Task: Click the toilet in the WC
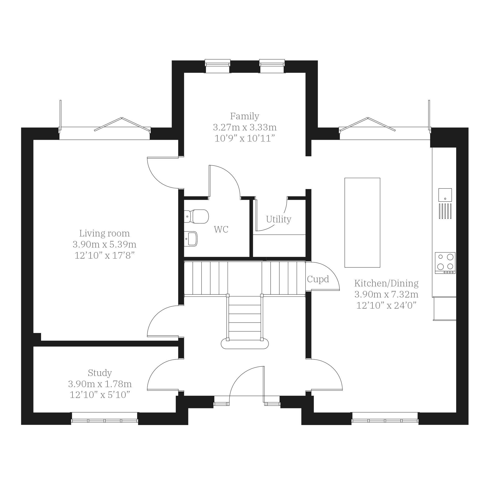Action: (x=196, y=216)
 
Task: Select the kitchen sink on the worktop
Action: (x=445, y=195)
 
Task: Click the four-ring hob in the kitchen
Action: (x=445, y=263)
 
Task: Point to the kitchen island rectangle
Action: (x=362, y=222)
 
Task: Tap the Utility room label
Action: (x=279, y=219)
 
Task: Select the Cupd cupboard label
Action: (x=318, y=279)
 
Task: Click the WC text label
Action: (x=221, y=229)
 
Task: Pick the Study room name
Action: (x=100, y=373)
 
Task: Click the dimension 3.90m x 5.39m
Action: (x=105, y=244)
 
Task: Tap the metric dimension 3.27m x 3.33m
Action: (x=245, y=127)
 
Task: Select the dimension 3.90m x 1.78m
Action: (x=100, y=384)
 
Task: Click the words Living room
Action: (x=105, y=233)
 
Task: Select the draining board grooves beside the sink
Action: (x=445, y=211)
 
